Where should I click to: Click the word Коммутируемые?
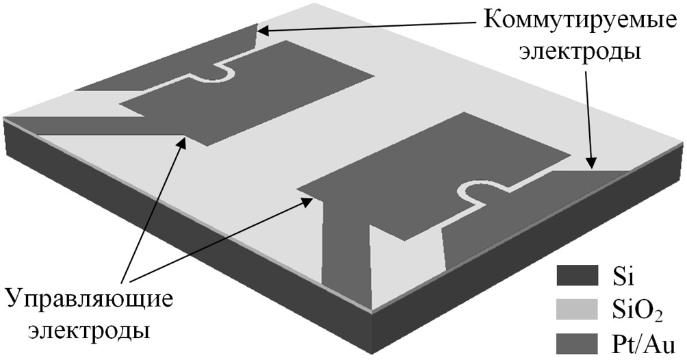tap(580, 21)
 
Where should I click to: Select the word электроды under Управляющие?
tap(90, 330)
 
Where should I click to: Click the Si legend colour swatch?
tap(577, 275)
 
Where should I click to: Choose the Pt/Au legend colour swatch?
tap(577, 344)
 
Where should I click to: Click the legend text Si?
tap(622, 276)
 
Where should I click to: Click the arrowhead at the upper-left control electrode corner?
tap(181, 143)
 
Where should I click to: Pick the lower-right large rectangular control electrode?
tap(434, 175)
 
